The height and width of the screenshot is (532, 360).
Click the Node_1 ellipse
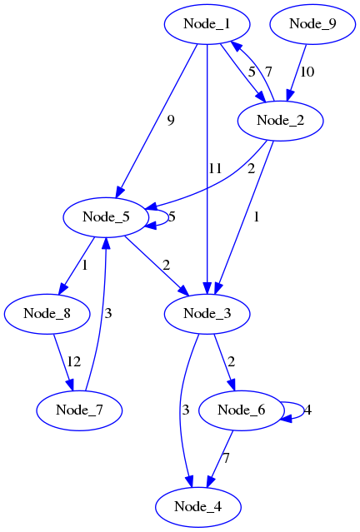[x=206, y=23]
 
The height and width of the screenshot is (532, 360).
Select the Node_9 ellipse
[x=312, y=23]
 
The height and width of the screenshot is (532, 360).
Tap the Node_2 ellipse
[x=281, y=120]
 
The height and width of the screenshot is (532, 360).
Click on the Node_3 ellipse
[x=207, y=313]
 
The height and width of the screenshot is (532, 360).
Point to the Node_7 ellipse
[x=79, y=410]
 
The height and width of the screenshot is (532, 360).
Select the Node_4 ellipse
[x=197, y=506]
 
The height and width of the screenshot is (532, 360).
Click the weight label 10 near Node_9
[x=307, y=72]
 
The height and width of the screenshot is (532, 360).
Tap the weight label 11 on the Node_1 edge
[x=215, y=168]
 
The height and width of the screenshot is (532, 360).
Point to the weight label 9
[x=170, y=120]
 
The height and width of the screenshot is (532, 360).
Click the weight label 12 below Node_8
[x=74, y=361]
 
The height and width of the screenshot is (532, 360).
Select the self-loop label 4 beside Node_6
[x=307, y=410]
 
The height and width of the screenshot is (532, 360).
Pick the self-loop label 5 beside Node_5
[x=172, y=217]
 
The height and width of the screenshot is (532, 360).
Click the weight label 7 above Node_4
[x=225, y=458]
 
